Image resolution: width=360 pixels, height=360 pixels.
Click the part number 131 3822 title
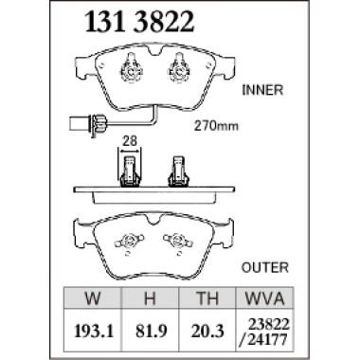point(139,23)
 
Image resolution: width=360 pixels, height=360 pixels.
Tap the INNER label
point(262,90)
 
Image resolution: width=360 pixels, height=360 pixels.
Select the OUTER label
point(265,267)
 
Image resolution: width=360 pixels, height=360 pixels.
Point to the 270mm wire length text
point(216,126)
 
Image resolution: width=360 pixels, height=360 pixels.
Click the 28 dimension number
point(130,141)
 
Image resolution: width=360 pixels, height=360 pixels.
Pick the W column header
point(93,298)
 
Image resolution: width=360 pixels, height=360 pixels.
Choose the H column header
point(150,298)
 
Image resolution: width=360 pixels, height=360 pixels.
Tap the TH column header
point(207,298)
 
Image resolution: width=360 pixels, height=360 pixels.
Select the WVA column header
point(264,298)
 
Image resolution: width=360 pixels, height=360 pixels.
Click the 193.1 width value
point(93,331)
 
